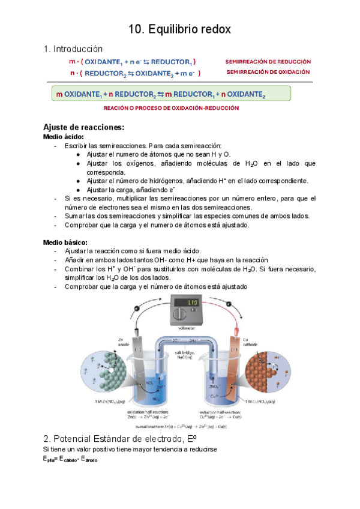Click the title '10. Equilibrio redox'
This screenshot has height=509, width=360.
pos(180,29)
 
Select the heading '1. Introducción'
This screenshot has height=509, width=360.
pos(73,49)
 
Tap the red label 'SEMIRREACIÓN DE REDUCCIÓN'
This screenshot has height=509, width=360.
pos(268,61)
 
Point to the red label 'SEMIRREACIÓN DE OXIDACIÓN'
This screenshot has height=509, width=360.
pos(268,72)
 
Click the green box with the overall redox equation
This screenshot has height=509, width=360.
pos(170,94)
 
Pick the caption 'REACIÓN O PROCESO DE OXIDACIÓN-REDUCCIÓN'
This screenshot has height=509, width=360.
pos(171,108)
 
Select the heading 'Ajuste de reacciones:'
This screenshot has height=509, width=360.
pos(83,127)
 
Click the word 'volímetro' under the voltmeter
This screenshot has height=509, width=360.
pos(187,328)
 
